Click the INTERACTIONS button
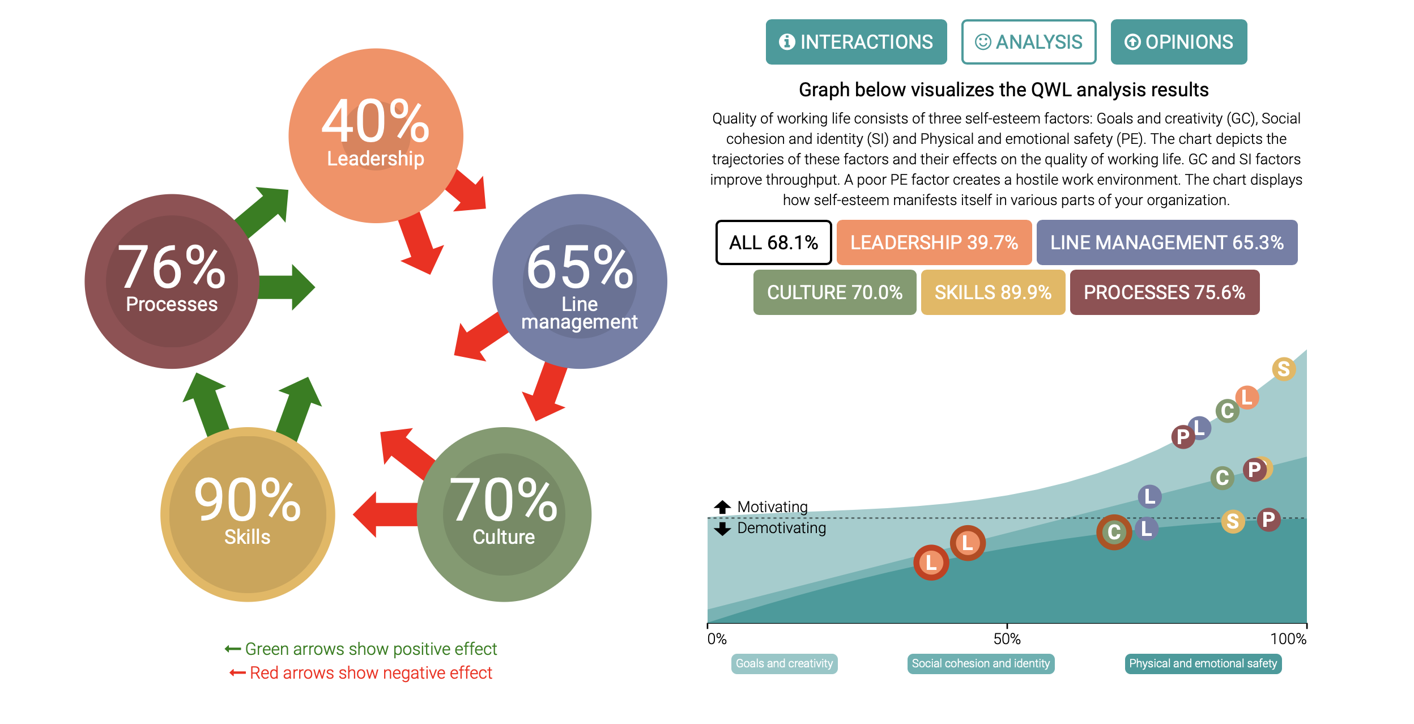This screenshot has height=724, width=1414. (x=855, y=42)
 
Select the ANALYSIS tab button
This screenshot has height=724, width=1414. (x=1028, y=42)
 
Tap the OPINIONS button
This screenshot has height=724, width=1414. (x=1178, y=42)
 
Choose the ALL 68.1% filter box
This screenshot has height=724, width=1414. (x=773, y=242)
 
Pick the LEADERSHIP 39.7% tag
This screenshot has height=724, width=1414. (x=934, y=242)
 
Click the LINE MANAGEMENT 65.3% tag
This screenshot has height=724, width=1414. (x=1166, y=242)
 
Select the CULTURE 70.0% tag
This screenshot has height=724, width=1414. (x=834, y=292)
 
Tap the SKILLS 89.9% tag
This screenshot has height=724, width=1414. (x=993, y=292)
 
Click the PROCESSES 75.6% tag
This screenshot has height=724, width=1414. (x=1164, y=292)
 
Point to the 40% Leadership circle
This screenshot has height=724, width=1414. (x=376, y=135)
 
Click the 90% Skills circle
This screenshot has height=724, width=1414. (x=248, y=514)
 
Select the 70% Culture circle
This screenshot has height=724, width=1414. (x=504, y=514)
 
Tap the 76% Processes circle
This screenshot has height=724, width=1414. (x=172, y=281)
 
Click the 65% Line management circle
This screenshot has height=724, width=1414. (x=580, y=281)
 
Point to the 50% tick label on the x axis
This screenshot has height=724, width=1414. (x=1007, y=639)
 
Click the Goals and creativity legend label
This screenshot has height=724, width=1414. (x=784, y=663)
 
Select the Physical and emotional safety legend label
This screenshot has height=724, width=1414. (x=1203, y=663)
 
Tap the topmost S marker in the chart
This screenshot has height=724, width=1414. (x=1284, y=369)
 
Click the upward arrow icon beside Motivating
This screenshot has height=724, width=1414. (x=722, y=507)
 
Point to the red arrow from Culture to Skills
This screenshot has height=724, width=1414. (x=385, y=514)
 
